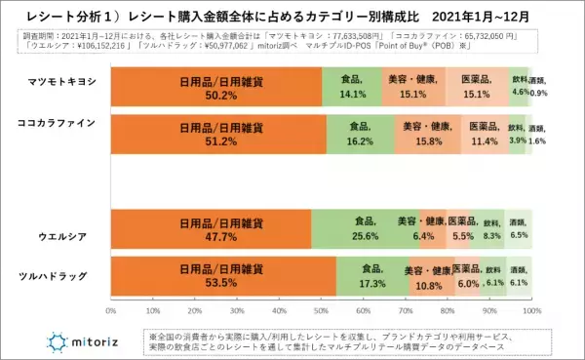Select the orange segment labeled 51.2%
tap(217, 133)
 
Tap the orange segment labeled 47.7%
tap(211, 230)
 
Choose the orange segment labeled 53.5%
tap(222, 277)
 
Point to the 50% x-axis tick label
tap(321, 311)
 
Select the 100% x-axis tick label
tap(531, 311)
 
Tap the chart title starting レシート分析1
tap(292, 17)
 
